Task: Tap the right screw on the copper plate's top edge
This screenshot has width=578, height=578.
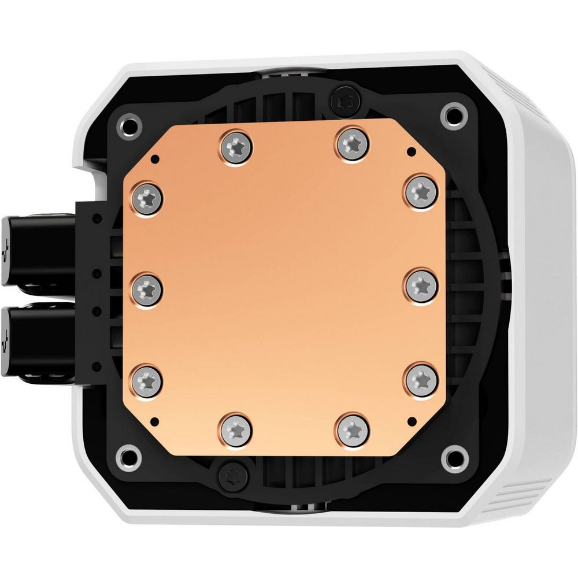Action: [x=351, y=142]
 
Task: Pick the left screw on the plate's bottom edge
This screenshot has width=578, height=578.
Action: [x=237, y=429]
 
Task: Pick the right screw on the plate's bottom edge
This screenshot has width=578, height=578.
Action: [x=352, y=429]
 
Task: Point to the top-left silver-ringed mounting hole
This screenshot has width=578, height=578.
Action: [x=131, y=124]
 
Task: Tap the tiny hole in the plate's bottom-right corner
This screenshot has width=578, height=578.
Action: [x=412, y=418]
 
